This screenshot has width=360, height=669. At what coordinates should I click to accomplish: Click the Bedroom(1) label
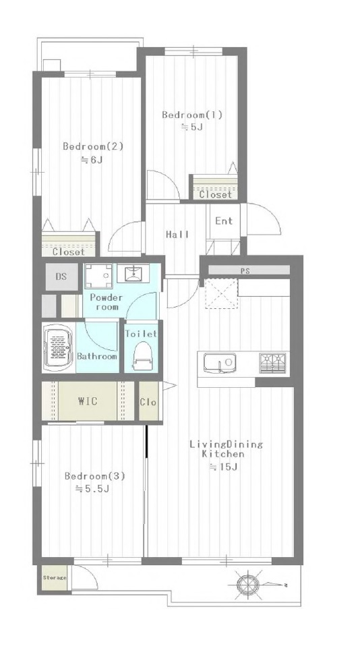click(192, 115)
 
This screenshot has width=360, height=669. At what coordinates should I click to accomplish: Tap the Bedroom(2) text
click(93, 146)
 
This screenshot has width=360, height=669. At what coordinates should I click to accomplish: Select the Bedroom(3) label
click(94, 476)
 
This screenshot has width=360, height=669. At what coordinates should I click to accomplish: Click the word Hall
click(177, 234)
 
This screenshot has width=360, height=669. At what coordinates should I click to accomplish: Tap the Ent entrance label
click(224, 221)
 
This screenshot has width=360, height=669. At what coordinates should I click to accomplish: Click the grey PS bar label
click(245, 270)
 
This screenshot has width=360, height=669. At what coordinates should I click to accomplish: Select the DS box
click(61, 277)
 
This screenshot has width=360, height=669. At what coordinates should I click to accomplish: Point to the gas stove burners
click(274, 363)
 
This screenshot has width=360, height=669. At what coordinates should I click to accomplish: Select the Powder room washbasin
click(133, 273)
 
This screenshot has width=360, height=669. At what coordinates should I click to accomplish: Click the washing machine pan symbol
click(98, 277)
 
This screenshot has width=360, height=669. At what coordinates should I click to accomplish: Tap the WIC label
click(88, 401)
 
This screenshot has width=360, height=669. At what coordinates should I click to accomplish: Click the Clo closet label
click(148, 402)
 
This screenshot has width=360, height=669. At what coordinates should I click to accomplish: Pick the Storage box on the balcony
click(55, 578)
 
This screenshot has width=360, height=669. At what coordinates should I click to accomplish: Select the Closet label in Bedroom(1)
click(216, 194)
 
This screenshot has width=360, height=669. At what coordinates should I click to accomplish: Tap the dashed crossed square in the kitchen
click(221, 293)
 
